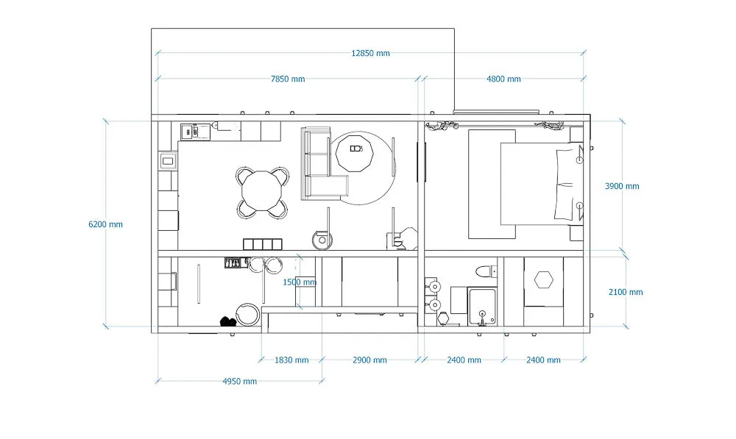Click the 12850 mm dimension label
click(x=370, y=53)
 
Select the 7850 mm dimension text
click(x=288, y=79)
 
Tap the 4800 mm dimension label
click(x=503, y=79)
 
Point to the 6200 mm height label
click(x=105, y=224)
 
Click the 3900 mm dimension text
click(x=622, y=186)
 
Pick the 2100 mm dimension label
click(x=626, y=292)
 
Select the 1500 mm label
click(x=300, y=282)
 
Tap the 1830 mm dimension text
click(x=291, y=360)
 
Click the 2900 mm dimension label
click(x=370, y=360)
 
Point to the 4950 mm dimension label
click(x=239, y=382)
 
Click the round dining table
click(x=262, y=191)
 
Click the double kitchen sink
click(x=195, y=132)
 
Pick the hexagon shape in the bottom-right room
click(x=544, y=280)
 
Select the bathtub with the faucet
click(x=482, y=307)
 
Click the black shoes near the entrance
click(x=228, y=321)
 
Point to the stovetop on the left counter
click(x=168, y=162)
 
